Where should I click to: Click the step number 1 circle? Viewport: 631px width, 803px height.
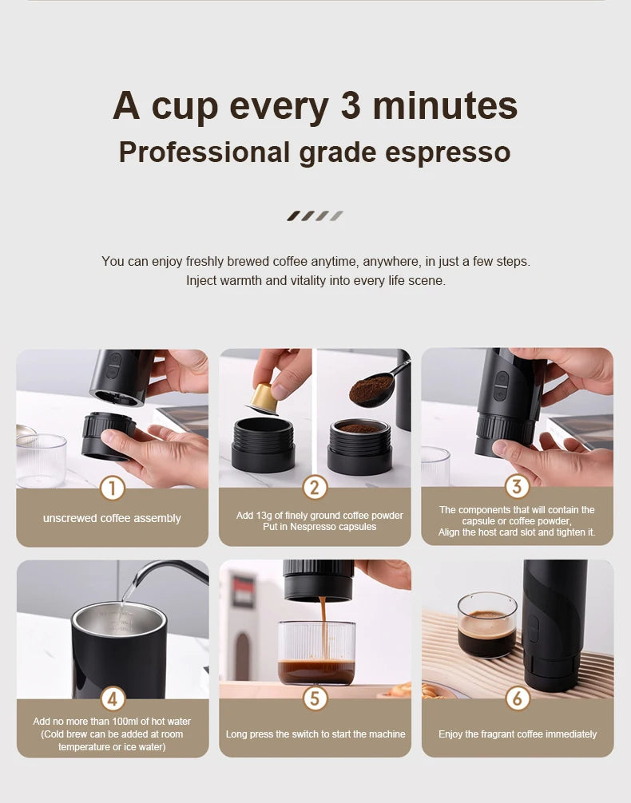click(x=113, y=488)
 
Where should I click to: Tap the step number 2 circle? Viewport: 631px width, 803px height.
click(x=315, y=488)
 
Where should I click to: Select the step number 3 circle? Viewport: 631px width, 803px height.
click(x=517, y=486)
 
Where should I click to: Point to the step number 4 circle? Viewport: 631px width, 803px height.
click(x=113, y=699)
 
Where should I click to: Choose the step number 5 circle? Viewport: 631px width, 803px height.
click(x=315, y=699)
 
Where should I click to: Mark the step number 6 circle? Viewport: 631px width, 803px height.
click(x=517, y=699)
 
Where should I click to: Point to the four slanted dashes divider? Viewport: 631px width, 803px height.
click(x=315, y=216)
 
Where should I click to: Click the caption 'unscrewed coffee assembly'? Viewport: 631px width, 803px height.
click(x=112, y=518)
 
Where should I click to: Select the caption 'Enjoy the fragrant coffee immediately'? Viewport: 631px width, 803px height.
click(x=518, y=734)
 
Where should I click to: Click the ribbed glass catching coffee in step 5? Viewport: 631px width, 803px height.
click(x=316, y=653)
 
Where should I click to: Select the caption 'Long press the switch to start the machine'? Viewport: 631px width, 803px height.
click(x=315, y=734)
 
